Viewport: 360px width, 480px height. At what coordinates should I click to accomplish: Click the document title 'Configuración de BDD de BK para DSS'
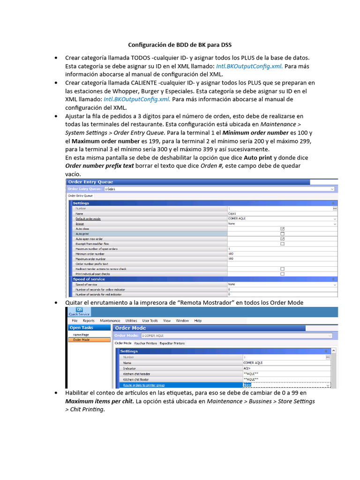(x=180, y=45)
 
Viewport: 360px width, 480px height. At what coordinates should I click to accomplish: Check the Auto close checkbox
(x=282, y=229)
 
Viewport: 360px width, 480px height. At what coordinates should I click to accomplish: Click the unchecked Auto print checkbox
(x=282, y=233)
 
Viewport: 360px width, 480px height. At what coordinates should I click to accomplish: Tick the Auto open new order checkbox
(x=282, y=239)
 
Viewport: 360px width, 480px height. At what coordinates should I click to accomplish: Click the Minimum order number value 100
(x=231, y=254)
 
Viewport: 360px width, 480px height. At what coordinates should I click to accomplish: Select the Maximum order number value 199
(x=231, y=259)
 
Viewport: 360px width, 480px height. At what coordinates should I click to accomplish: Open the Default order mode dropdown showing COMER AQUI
(x=281, y=218)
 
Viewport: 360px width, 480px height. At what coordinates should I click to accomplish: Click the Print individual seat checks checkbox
(x=282, y=274)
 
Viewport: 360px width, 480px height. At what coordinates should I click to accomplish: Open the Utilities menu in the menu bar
(x=131, y=321)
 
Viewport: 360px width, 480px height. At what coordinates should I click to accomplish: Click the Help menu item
(x=198, y=321)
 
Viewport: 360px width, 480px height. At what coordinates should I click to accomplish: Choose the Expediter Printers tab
(x=172, y=343)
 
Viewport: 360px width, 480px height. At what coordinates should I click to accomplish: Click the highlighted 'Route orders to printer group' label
(x=144, y=385)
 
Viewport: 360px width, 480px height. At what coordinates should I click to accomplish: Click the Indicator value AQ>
(x=247, y=368)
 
